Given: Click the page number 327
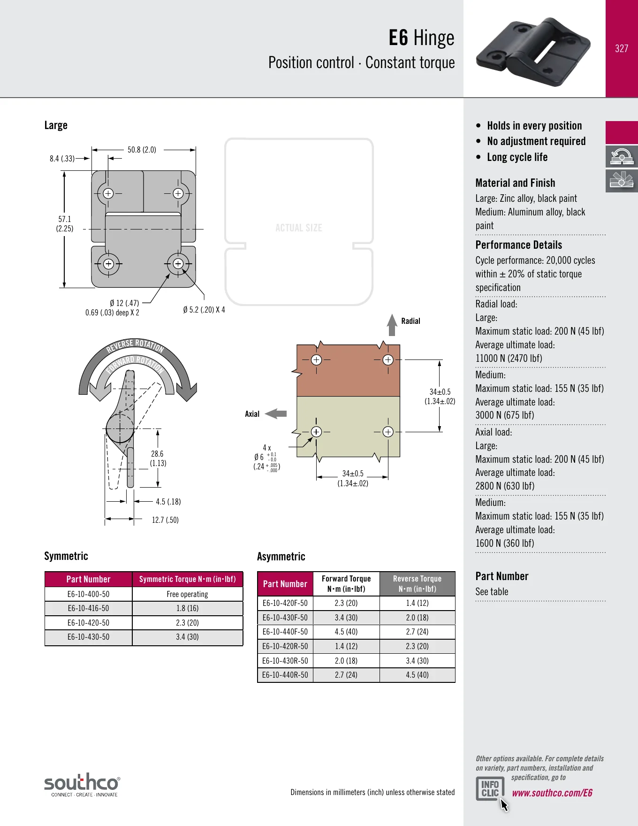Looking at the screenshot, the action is (x=622, y=48).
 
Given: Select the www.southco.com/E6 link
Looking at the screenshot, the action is (x=552, y=793).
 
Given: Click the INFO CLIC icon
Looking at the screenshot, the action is (x=490, y=788).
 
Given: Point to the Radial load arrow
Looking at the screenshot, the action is (x=392, y=325).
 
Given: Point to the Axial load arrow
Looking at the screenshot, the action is (x=276, y=413).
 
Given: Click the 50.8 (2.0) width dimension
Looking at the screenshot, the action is (x=142, y=150).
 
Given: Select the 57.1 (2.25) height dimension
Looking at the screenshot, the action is (x=65, y=224).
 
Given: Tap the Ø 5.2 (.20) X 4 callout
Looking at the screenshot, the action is (x=204, y=310).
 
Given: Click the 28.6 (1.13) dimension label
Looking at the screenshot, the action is (x=158, y=459).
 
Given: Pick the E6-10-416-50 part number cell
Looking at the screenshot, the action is (x=88, y=608).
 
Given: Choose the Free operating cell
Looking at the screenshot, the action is (x=187, y=594).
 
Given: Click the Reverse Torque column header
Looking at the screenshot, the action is (x=417, y=584).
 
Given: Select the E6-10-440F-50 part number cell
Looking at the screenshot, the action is (x=285, y=632).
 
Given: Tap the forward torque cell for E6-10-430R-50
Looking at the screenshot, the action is (x=346, y=661).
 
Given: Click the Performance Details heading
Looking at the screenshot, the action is (x=518, y=245).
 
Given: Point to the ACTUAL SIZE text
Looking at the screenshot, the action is (x=299, y=228).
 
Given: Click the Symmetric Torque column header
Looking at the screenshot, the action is (x=187, y=579).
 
